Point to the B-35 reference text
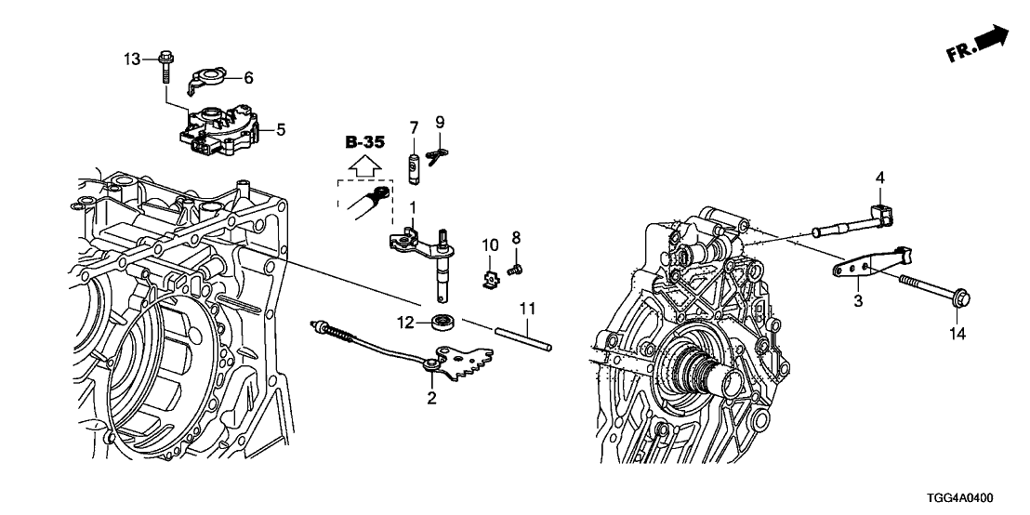363,142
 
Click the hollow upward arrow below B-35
363,166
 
